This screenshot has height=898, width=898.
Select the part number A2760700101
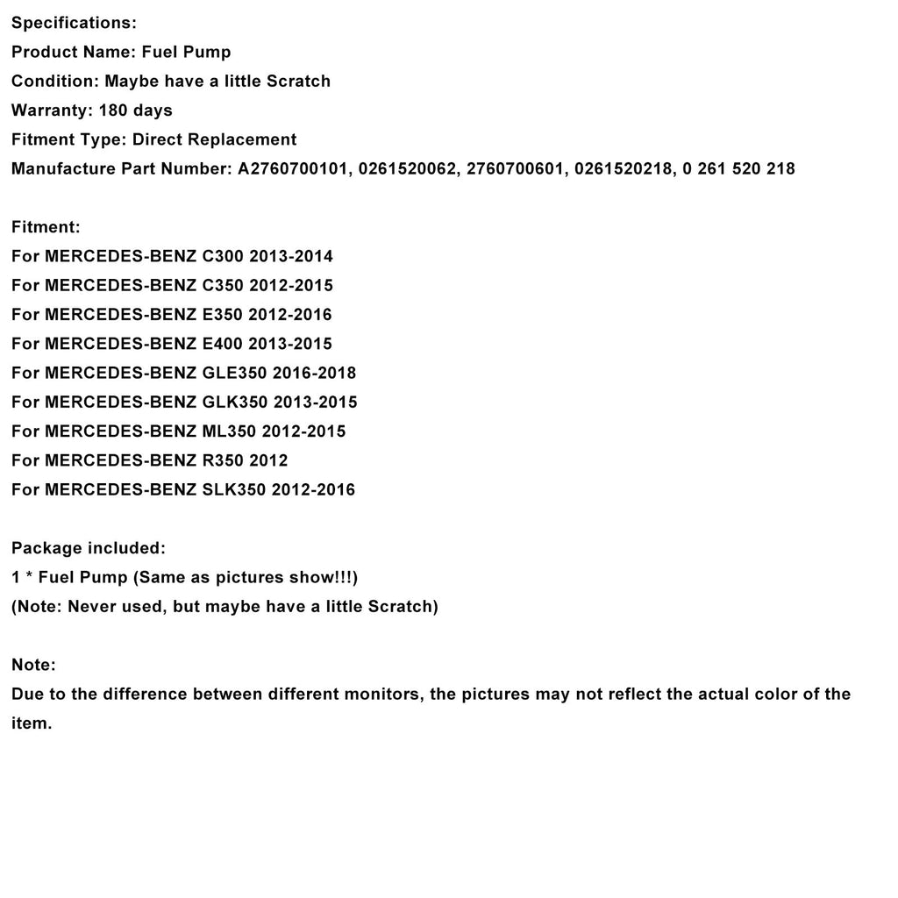290,168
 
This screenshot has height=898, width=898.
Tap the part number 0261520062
403,168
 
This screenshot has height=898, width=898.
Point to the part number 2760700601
515,168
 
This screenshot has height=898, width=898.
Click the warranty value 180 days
136,110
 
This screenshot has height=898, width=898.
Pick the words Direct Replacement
215,139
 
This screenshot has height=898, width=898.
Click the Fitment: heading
46,227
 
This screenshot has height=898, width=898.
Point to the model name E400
223,344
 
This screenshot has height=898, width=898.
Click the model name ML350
229,431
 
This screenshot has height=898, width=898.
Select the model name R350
224,460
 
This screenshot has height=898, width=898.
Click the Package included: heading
88,548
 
